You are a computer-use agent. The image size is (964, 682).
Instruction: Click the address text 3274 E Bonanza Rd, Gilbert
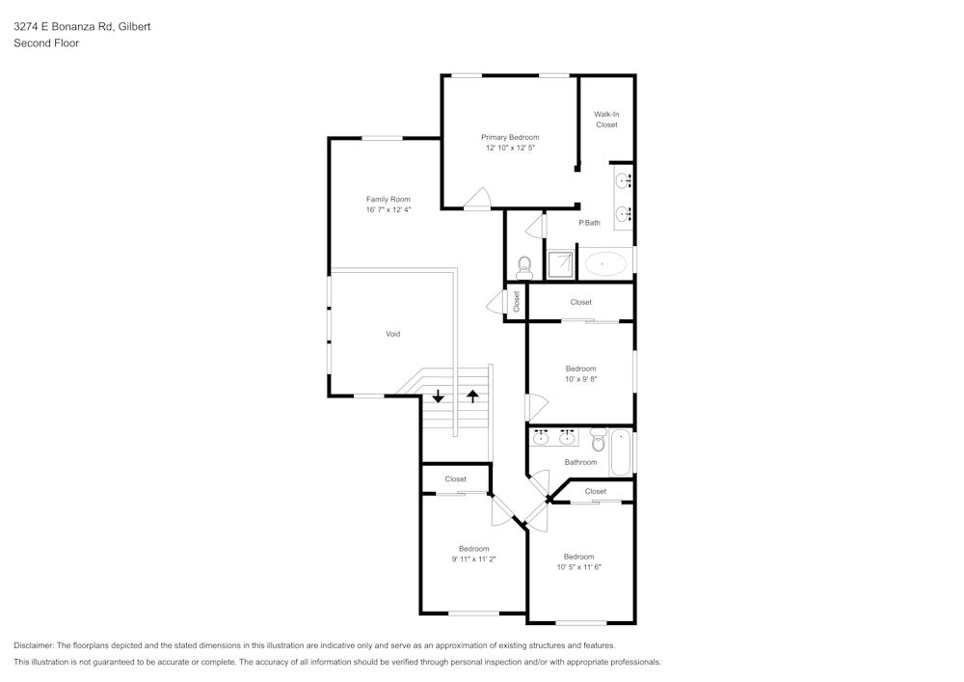82,27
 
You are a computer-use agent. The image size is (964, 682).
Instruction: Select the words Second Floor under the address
46,43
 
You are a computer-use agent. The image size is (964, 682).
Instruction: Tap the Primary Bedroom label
510,137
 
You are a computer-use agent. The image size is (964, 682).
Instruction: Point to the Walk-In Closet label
606,120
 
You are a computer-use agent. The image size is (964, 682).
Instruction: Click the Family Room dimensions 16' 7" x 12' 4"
388,209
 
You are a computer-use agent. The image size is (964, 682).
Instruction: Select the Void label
392,334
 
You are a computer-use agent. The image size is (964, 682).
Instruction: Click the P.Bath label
589,223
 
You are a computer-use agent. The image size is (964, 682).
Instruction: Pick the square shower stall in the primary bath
560,263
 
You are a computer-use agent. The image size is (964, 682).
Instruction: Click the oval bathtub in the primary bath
605,262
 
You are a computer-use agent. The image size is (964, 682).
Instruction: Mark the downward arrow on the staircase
439,396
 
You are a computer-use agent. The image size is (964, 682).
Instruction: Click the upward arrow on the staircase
472,396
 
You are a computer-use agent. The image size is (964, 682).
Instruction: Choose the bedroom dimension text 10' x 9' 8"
580,379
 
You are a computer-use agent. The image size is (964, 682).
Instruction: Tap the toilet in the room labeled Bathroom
598,441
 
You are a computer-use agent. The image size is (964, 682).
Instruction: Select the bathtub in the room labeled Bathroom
621,451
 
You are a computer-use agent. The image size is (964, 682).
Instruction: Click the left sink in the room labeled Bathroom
542,438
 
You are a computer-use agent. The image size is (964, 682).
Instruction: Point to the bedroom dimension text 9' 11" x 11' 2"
473,559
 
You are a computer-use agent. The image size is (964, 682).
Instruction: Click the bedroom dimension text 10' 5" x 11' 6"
578,567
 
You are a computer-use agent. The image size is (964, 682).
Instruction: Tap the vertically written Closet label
517,301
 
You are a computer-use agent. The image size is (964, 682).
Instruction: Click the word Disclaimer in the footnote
34,645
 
